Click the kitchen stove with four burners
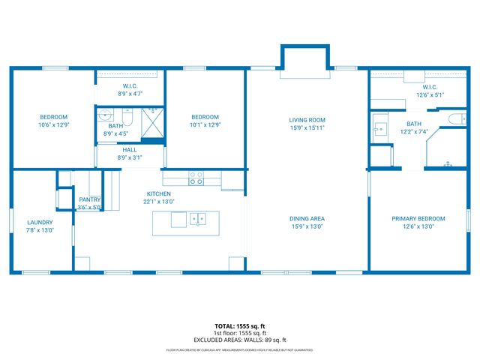[195, 178]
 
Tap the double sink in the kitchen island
[198, 219]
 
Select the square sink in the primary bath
[379, 128]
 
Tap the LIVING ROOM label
[307, 119]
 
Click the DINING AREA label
[307, 219]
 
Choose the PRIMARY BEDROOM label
[418, 219]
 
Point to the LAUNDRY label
[40, 222]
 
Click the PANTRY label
[89, 199]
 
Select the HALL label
[129, 150]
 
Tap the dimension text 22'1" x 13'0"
[159, 201]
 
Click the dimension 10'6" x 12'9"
[53, 124]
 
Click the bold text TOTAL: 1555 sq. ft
[240, 326]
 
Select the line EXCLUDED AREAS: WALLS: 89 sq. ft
[240, 340]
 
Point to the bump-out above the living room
[304, 58]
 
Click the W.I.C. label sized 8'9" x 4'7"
[129, 94]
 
